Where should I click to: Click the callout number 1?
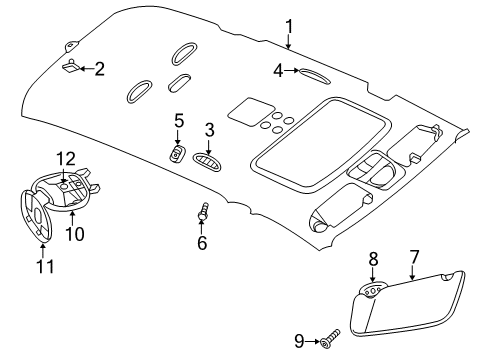288,27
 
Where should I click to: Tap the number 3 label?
210,129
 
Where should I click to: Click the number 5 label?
179,120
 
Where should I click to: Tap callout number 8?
373,258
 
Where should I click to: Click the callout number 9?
299,342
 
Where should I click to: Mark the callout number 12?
65,158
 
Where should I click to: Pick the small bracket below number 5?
176,152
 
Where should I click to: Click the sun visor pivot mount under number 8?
371,291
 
